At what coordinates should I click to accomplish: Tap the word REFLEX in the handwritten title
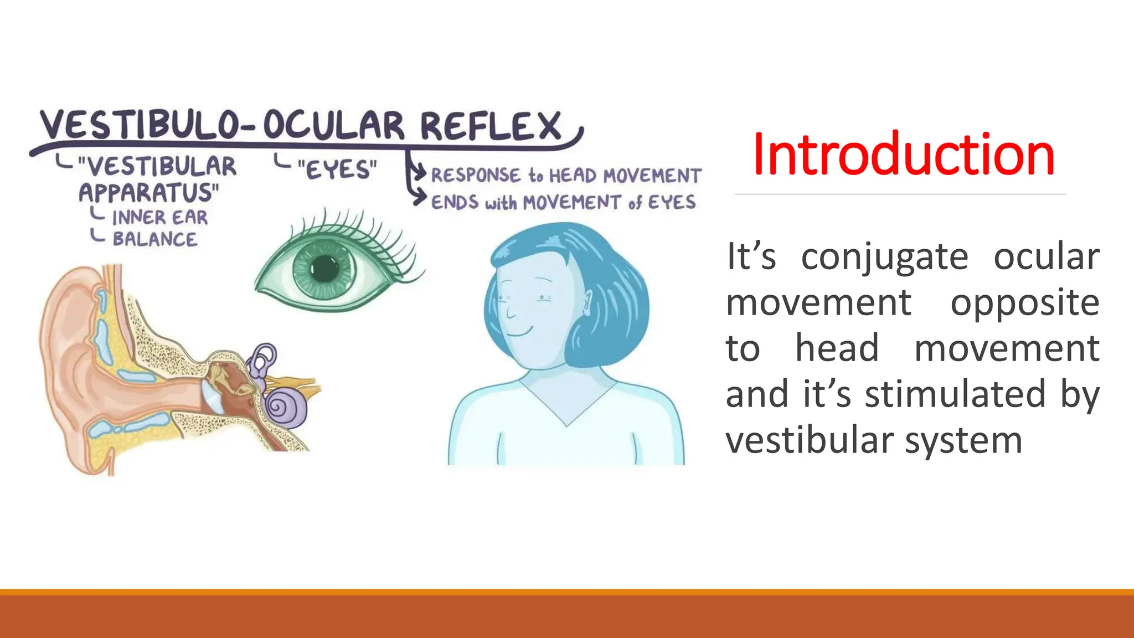click(x=491, y=126)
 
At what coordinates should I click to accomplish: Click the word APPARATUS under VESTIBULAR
click(x=148, y=193)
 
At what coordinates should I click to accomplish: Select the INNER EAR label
click(x=159, y=218)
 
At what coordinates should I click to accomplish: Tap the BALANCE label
click(x=154, y=239)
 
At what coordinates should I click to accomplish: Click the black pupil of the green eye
click(x=324, y=270)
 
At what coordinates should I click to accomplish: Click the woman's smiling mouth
click(x=519, y=332)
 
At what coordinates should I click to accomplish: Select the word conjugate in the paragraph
click(x=884, y=257)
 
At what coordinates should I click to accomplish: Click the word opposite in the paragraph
click(x=1024, y=303)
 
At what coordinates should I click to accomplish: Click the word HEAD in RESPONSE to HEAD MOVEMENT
click(x=573, y=176)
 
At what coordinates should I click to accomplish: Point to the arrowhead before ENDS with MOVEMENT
click(x=420, y=198)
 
